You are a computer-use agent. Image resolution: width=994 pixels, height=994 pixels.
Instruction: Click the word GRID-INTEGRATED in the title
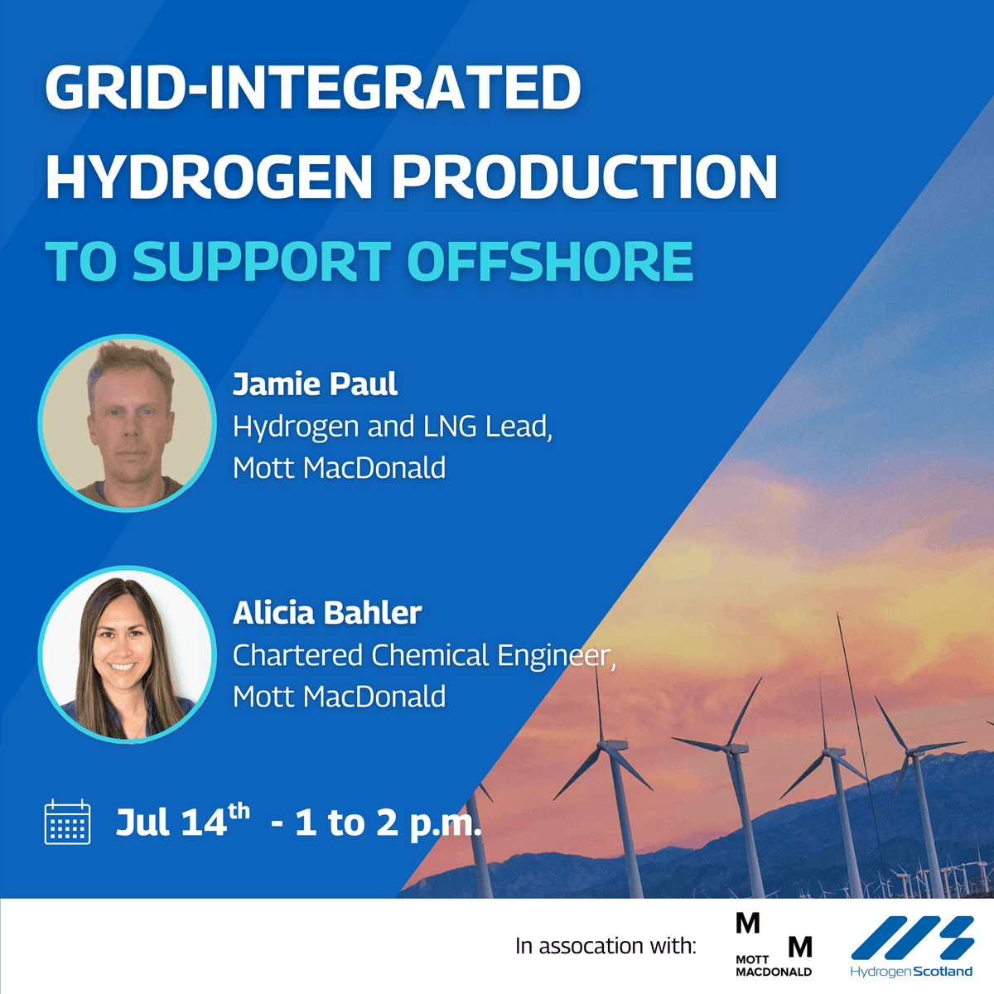coord(313,87)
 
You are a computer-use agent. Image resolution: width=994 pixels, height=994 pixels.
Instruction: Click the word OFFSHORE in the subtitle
coord(550,262)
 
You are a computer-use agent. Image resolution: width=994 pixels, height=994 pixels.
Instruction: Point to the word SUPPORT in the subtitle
coord(261,262)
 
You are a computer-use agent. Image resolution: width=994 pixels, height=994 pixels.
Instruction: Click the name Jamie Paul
coord(315,384)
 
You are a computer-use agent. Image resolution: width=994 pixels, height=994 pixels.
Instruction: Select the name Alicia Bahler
coord(327,613)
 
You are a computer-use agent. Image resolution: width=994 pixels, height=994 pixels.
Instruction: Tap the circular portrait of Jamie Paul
coord(127,423)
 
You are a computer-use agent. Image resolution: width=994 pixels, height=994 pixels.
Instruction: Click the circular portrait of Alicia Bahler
coord(127,654)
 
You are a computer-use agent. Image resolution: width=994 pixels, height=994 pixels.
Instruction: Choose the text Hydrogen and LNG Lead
coord(392,427)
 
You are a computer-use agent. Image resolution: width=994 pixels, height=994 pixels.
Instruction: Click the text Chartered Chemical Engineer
coord(423,655)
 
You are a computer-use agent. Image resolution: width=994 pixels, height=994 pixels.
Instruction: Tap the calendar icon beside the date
coord(67,822)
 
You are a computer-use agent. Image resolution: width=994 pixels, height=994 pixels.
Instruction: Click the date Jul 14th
coord(182,822)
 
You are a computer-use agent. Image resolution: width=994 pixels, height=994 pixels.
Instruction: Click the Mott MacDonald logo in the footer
coord(774,945)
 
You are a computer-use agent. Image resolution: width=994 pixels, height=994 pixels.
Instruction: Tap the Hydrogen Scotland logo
coord(911,946)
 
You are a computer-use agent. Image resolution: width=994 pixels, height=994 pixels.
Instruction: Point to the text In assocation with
coord(606,946)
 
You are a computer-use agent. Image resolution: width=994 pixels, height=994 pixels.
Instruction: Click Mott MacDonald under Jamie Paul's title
coord(339,468)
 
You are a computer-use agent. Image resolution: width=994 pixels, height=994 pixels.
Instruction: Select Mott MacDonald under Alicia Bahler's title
coord(339,697)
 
